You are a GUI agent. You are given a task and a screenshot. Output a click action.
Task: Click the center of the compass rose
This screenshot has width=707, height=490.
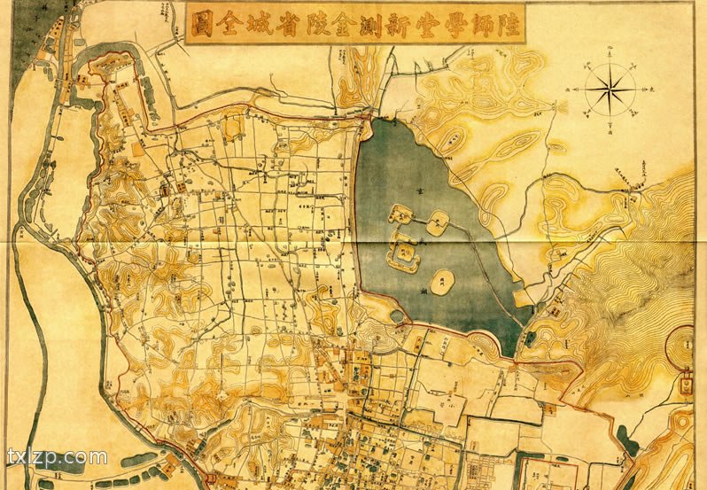tap(610, 89)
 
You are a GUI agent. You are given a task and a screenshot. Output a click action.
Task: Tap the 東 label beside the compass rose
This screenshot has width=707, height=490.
tap(653, 89)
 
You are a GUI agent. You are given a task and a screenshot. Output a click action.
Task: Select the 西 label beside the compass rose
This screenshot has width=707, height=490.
tap(565, 89)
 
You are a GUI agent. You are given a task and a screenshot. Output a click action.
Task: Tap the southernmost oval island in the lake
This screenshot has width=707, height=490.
tap(444, 283)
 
